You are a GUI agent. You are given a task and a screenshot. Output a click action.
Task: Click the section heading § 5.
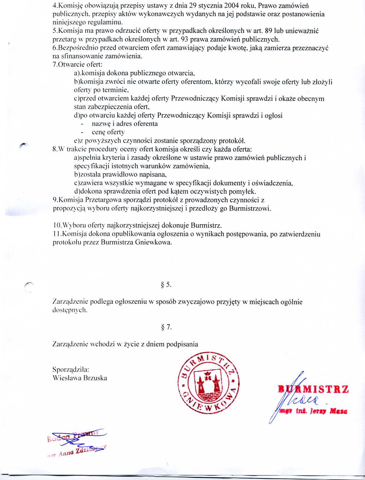[166, 285]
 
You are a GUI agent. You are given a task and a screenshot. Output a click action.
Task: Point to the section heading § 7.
[166, 327]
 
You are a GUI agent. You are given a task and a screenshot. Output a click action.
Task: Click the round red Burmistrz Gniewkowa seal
[209, 383]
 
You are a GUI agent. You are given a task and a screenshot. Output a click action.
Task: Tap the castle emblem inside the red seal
[209, 384]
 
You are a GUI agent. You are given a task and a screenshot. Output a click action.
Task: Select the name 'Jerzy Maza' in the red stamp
[328, 411]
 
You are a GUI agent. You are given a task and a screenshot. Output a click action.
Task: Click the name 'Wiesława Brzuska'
[80, 378]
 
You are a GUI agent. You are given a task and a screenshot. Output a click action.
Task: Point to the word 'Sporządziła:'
[71, 370]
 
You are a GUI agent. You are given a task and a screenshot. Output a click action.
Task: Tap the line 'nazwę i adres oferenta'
[125, 124]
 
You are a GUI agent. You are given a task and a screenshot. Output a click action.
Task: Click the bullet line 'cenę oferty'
[108, 132]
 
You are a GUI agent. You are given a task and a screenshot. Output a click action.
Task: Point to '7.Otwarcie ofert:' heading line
[78, 65]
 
